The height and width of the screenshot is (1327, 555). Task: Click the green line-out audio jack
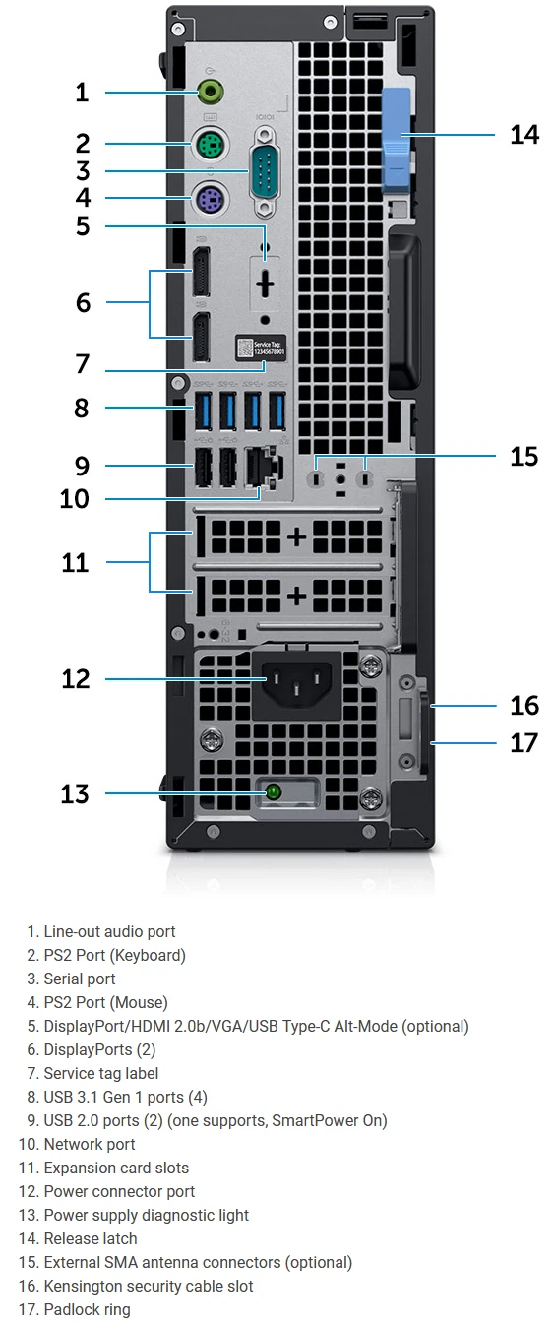click(x=210, y=93)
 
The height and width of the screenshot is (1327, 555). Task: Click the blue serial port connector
click(x=263, y=178)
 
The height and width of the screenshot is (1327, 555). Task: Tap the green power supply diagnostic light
click(x=274, y=792)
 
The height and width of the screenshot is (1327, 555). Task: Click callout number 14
click(x=524, y=134)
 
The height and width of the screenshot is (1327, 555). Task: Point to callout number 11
click(x=76, y=563)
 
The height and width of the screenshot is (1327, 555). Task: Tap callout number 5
click(x=83, y=226)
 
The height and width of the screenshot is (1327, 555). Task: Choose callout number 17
click(x=524, y=741)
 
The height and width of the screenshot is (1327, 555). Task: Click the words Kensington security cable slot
click(x=149, y=1286)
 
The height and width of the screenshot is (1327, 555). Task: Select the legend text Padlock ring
click(x=87, y=1309)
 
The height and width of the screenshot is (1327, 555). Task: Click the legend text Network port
click(x=90, y=1144)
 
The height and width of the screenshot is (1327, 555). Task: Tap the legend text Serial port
click(x=80, y=979)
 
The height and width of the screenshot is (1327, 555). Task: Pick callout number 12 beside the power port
click(x=76, y=679)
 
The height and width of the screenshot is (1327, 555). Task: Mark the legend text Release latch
click(x=91, y=1238)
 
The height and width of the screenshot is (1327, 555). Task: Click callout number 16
click(x=524, y=705)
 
